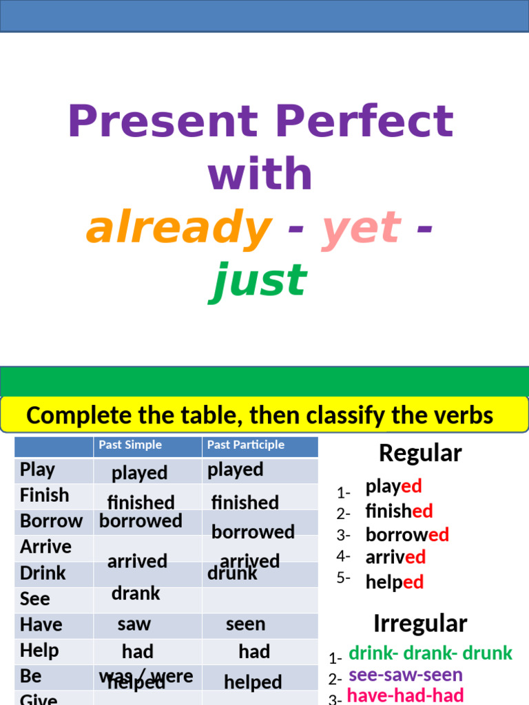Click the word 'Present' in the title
coord(163,121)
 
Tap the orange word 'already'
coord(178,228)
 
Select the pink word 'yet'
coord(361,228)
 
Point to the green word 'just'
coord(258,280)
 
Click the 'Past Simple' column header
coord(130,445)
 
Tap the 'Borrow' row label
coord(51,521)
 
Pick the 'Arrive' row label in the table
coord(45,547)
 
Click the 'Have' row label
coord(41,624)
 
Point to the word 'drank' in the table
coord(136,593)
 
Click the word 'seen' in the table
coord(245,624)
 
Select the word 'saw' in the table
coord(134,624)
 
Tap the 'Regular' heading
coord(420,453)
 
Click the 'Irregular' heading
coord(420,624)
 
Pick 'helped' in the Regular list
coord(394,582)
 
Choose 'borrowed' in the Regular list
coord(407,535)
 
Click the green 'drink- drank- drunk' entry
coord(431,653)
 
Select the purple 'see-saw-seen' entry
coord(405,675)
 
